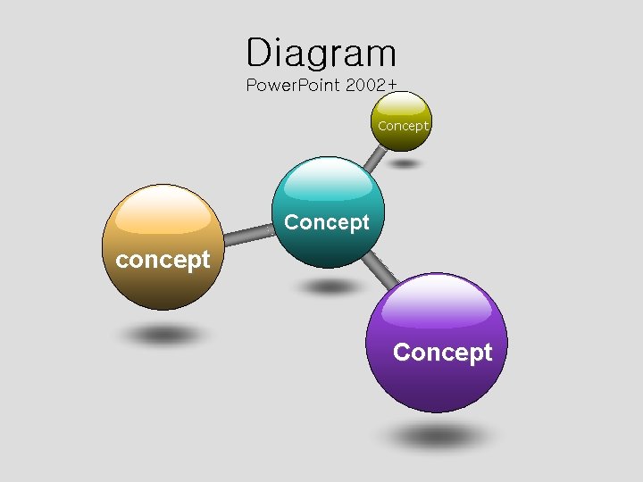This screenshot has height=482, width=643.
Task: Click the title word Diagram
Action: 321,53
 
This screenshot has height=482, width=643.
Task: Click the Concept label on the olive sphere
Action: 403,126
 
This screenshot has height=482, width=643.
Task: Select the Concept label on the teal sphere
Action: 326,222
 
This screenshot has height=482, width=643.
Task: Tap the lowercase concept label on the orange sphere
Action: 163,260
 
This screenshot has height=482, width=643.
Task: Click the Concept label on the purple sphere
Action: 442,353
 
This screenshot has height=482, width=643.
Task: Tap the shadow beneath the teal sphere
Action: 331,287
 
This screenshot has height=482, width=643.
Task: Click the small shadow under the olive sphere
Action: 405,164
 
